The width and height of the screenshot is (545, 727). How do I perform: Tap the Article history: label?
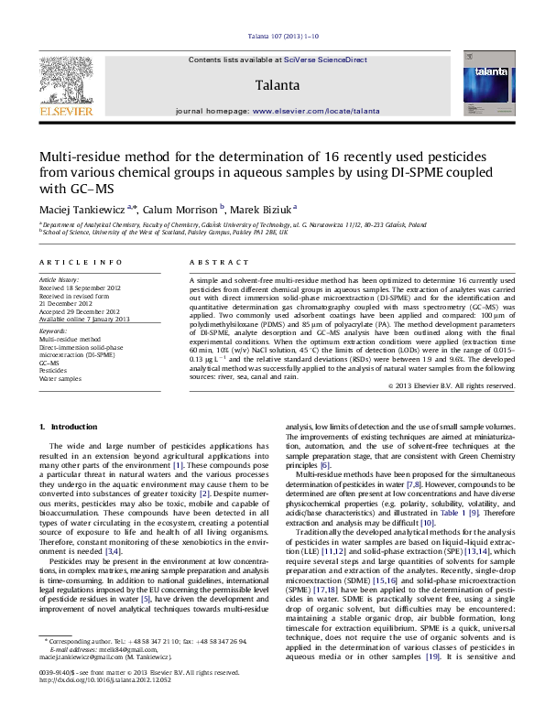pyautogui.click(x=60, y=277)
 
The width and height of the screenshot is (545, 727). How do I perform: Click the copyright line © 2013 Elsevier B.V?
pyautogui.click(x=446, y=385)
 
